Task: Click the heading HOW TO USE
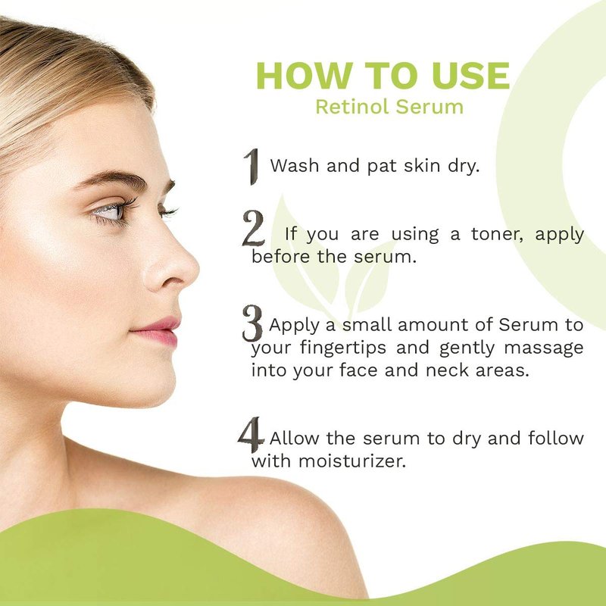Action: coord(383,75)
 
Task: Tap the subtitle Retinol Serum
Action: coord(389,107)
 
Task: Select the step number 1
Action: coord(252,167)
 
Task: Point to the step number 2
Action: coord(254,228)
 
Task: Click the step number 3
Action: coord(252,323)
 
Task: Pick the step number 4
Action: coord(251,434)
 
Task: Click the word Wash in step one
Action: coord(295,165)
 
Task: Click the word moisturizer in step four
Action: coord(352,461)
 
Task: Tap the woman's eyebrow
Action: coord(112,179)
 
